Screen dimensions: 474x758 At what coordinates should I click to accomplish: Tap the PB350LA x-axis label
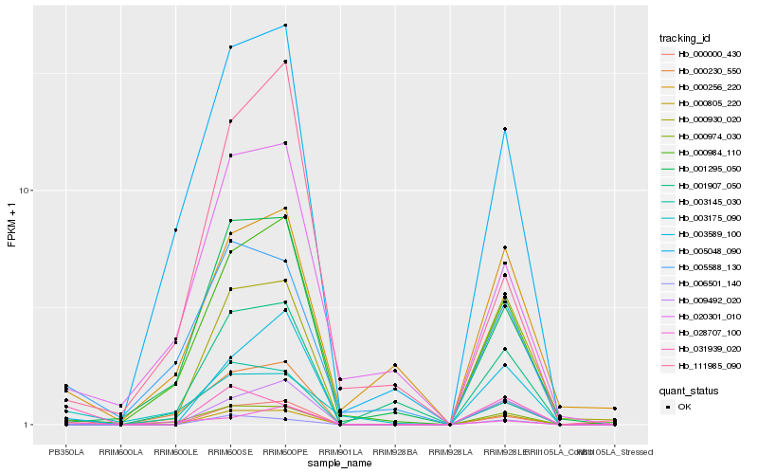pos(66,452)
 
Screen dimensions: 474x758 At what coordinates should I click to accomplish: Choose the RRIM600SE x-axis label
pos(231,452)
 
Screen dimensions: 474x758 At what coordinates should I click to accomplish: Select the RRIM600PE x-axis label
pos(286,452)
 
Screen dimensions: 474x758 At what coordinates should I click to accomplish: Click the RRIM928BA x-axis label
pos(395,452)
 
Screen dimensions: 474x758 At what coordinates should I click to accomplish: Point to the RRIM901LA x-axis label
pos(340,452)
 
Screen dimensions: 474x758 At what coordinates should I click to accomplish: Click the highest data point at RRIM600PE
pos(286,26)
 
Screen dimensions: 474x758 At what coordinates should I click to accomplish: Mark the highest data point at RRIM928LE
pos(505,129)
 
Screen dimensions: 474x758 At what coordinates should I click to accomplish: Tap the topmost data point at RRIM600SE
pos(231,46)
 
